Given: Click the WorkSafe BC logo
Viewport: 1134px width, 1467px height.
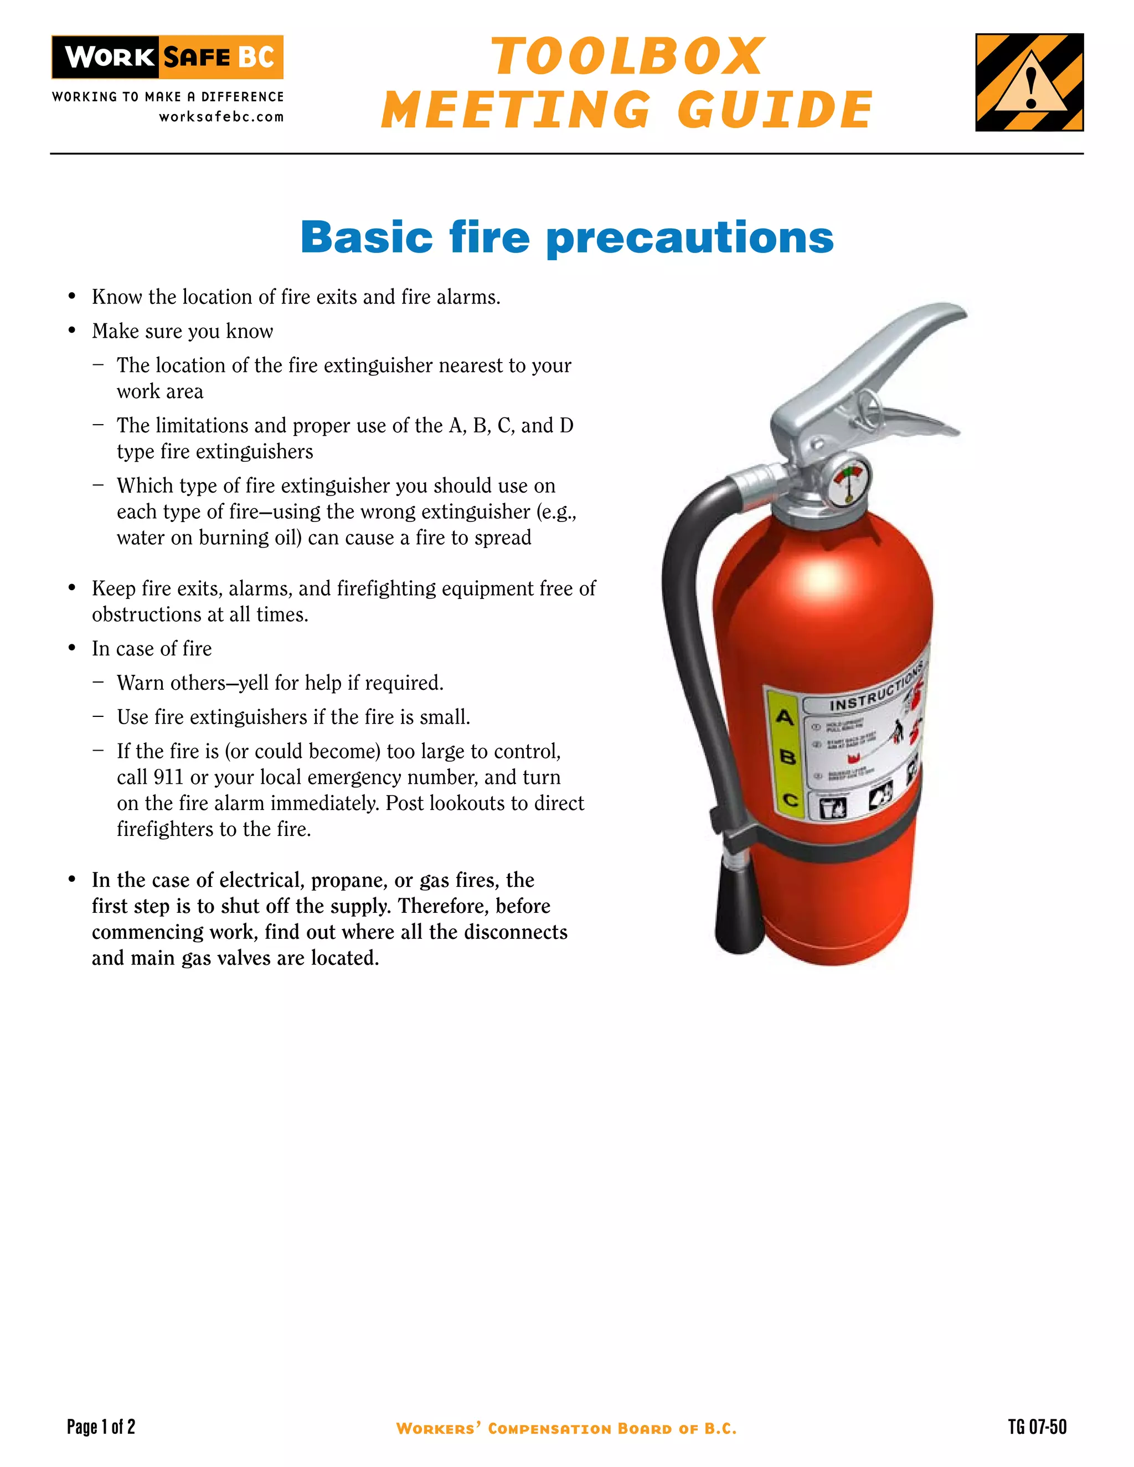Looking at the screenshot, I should pyautogui.click(x=167, y=57).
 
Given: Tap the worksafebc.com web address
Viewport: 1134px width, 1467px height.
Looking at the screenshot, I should pyautogui.click(x=221, y=117).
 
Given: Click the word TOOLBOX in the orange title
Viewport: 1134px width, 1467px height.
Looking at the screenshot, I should pyautogui.click(x=628, y=57).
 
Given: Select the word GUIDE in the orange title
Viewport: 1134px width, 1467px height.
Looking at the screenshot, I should pyautogui.click(x=775, y=110).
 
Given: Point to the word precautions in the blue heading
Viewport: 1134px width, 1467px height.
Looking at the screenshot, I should pyautogui.click(x=690, y=238).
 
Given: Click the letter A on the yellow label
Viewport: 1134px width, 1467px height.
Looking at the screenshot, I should pyautogui.click(x=784, y=717).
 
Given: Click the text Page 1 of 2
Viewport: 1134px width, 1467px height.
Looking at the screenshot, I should pyautogui.click(x=101, y=1427).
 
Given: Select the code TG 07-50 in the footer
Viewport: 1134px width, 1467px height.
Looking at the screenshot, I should pyautogui.click(x=1037, y=1427).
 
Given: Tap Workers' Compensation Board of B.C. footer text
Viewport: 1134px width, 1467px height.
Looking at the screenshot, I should pyautogui.click(x=566, y=1429).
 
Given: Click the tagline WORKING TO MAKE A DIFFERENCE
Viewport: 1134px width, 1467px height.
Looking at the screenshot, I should pyautogui.click(x=168, y=97).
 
